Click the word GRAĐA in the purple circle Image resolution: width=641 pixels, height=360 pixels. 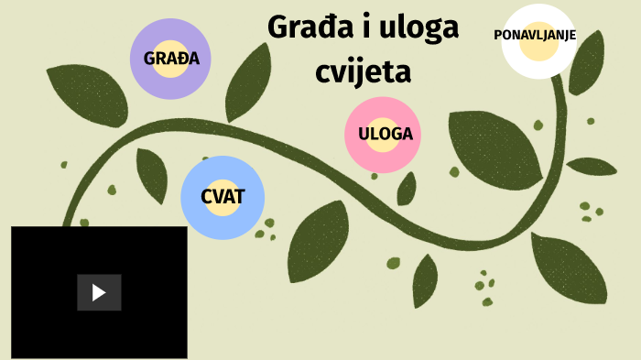171,59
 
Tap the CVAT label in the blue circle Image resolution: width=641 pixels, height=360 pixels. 223,197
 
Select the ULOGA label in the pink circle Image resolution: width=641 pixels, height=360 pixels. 386,134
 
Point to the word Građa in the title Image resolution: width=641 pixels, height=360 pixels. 309,27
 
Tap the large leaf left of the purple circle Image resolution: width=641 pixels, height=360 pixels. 87,92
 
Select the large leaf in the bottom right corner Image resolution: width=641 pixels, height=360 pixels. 570,269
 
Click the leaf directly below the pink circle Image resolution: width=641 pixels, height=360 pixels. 407,188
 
